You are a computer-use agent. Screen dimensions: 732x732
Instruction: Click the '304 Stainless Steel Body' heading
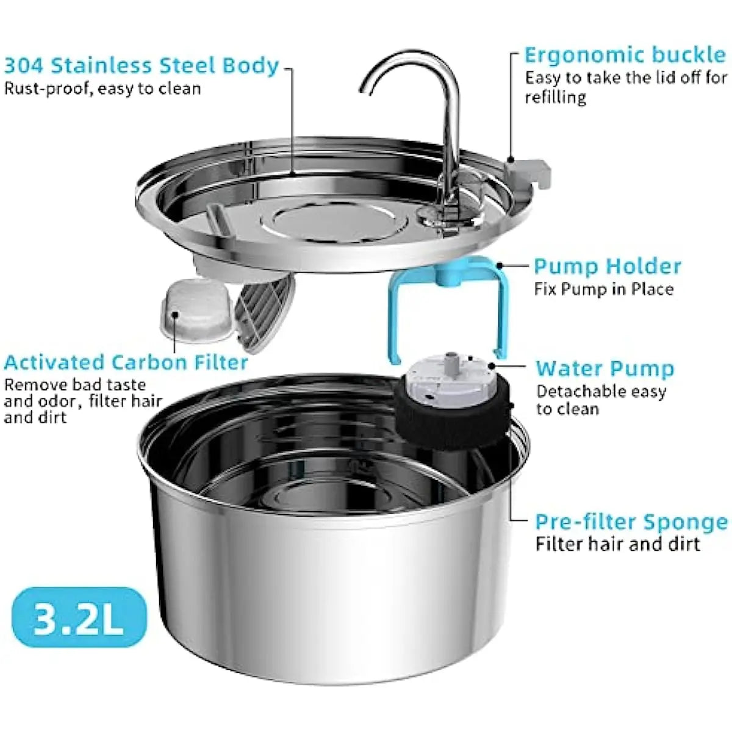click(x=142, y=65)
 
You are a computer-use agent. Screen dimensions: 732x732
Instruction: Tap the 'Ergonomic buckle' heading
click(x=625, y=55)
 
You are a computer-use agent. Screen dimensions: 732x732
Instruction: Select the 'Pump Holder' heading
click(x=607, y=266)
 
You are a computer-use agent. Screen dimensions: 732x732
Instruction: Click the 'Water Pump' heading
click(x=605, y=368)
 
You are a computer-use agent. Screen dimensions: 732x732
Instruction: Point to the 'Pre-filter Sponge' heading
click(x=631, y=522)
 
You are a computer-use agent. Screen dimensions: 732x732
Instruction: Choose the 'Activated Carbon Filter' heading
click(x=126, y=362)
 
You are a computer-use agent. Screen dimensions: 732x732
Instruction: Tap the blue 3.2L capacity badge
click(x=79, y=620)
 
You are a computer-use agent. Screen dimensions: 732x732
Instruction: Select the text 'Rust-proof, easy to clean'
click(x=102, y=89)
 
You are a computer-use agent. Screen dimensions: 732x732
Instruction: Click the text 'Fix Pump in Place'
click(x=604, y=289)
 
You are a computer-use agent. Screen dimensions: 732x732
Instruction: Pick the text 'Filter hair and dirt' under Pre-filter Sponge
click(x=617, y=544)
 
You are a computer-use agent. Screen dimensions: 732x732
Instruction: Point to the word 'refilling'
click(x=555, y=98)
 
